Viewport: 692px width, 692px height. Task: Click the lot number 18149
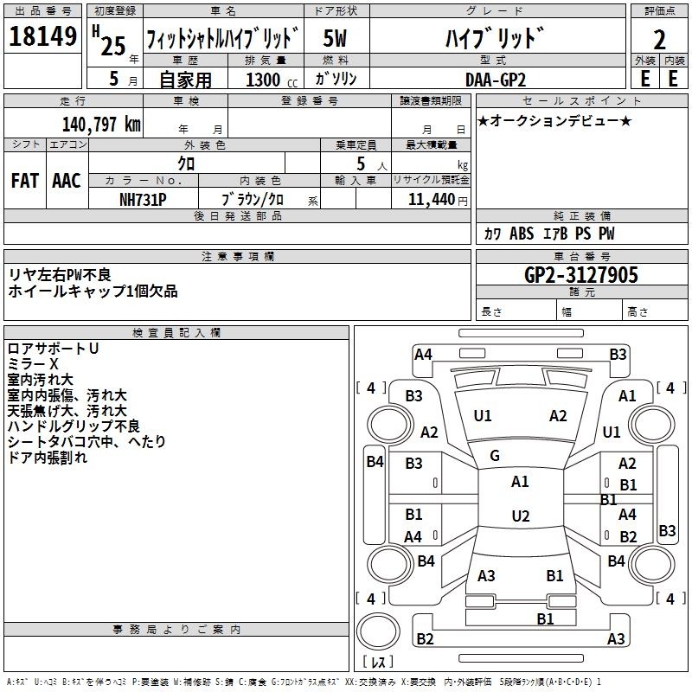pos(42,36)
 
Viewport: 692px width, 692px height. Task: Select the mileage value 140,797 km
pos(101,125)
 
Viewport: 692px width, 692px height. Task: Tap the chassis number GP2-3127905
pos(580,275)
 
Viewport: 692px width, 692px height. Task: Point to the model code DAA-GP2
pos(496,80)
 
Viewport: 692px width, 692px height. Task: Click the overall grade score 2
pos(659,40)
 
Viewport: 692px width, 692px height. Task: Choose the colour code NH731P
pos(143,200)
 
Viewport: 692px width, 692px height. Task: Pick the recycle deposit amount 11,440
pos(431,200)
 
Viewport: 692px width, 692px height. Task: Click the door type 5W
pos(335,38)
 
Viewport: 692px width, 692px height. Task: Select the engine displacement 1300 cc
pos(272,80)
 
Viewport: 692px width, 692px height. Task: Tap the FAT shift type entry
pos(25,181)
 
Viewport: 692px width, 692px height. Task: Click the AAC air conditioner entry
pos(67,181)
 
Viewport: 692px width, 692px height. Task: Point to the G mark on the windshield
pos(495,456)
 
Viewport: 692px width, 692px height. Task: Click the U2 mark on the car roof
pos(521,516)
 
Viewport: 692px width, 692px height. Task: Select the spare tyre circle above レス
pos(378,631)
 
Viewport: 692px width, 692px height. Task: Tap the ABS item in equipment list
pos(522,234)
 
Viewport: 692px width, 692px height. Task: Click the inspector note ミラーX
pos(33,364)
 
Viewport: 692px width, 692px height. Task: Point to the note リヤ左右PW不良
pos(60,275)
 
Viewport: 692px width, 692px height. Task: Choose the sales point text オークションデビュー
pos(554,120)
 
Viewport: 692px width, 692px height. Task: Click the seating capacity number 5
pos(361,163)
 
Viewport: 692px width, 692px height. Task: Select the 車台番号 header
pos(581,256)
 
